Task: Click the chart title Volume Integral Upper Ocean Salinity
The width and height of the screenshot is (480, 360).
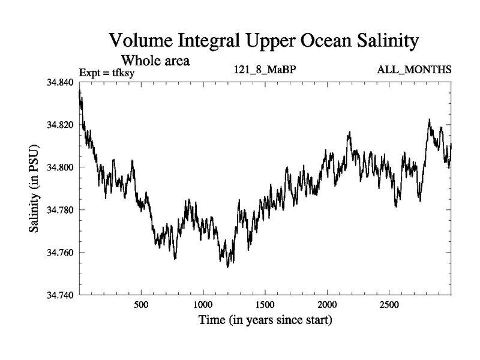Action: tap(263, 41)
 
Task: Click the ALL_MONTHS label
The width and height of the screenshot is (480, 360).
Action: tap(414, 70)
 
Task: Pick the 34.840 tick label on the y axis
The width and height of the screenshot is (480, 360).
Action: tap(60, 83)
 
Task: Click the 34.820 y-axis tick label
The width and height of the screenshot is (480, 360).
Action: tap(60, 125)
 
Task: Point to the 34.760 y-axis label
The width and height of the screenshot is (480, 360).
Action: tap(60, 253)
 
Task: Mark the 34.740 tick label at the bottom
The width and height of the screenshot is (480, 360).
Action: tap(60, 295)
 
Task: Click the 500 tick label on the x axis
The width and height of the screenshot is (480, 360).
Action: tap(141, 305)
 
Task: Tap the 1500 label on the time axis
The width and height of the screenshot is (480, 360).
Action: tap(265, 305)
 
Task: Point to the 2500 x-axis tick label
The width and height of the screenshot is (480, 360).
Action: tap(389, 305)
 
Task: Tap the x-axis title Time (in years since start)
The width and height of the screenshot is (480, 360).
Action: tap(265, 320)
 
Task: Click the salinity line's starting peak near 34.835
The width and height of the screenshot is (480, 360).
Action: tap(80, 91)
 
